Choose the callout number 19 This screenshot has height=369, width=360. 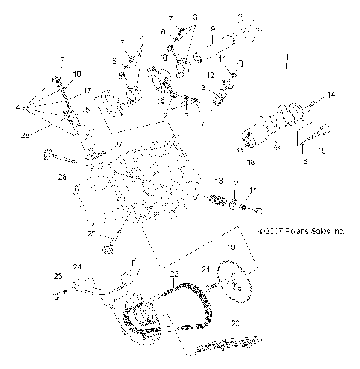coord(232,246)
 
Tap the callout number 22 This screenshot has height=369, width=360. coord(173,274)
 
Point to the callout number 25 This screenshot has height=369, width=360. coord(91,234)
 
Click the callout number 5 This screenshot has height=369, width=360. coord(88,109)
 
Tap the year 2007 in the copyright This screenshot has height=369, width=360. coord(269,232)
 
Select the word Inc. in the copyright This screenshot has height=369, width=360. coord(334,232)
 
